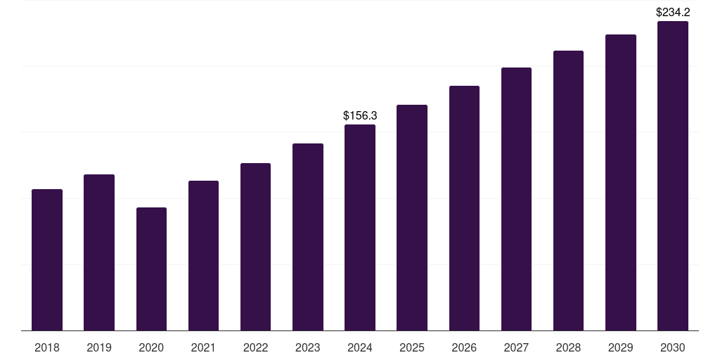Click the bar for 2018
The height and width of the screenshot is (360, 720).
[x=47, y=260]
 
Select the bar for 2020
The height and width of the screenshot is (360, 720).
[x=151, y=269]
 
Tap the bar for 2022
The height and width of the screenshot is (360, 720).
[x=255, y=247]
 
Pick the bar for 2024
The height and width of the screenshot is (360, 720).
[x=360, y=228]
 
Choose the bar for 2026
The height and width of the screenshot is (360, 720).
[x=464, y=208]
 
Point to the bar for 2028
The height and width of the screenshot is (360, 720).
[x=568, y=191]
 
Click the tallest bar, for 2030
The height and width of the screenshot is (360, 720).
[x=672, y=176]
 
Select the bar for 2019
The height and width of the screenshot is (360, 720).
[x=99, y=252]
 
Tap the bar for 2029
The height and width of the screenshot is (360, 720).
[x=620, y=183]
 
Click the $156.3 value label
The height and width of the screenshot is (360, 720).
[x=360, y=115]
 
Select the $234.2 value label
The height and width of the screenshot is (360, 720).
[x=672, y=12]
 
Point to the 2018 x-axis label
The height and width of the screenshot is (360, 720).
[x=47, y=347]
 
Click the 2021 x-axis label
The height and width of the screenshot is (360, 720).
[x=203, y=347]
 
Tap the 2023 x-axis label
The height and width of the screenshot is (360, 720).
[x=307, y=347]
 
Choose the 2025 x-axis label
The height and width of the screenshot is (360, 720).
[x=412, y=347]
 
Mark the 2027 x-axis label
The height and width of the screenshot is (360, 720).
[x=516, y=347]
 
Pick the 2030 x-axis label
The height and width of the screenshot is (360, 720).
[x=672, y=347]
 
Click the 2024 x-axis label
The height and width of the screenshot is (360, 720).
[x=360, y=347]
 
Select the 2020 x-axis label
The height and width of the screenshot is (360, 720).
[x=151, y=347]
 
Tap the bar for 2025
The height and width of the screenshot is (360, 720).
[x=412, y=218]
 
